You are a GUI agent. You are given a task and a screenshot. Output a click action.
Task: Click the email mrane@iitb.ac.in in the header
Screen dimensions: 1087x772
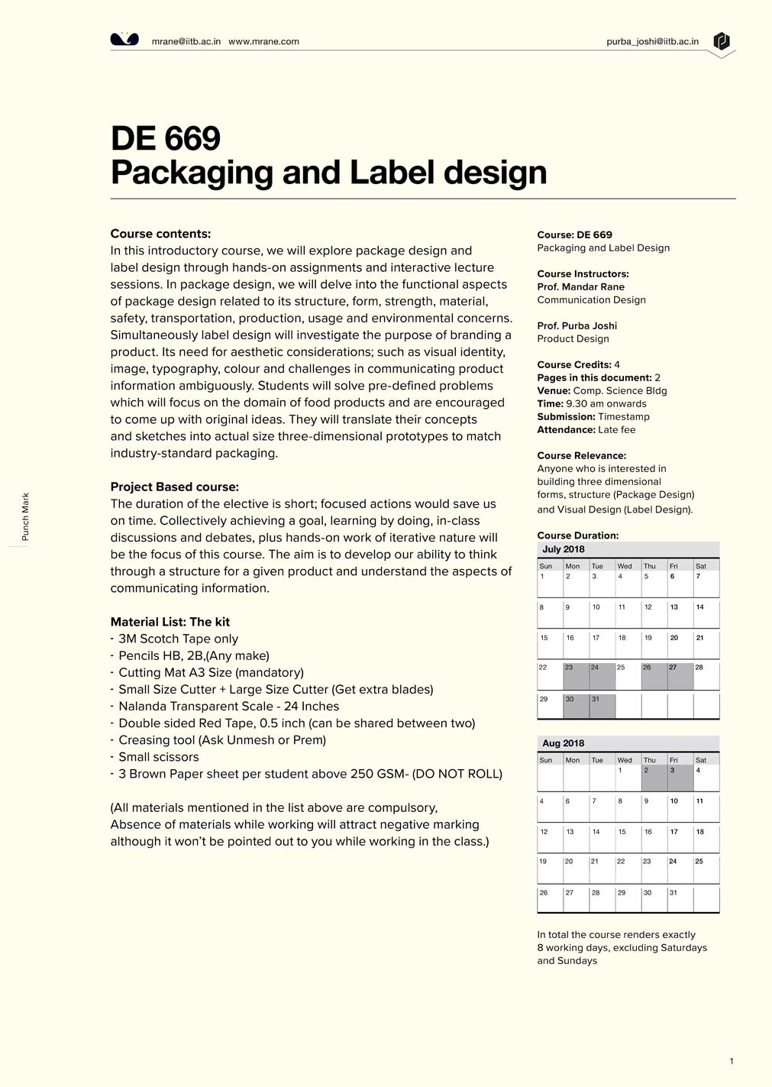click(186, 41)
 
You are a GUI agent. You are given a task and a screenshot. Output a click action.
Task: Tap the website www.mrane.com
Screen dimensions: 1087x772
click(263, 41)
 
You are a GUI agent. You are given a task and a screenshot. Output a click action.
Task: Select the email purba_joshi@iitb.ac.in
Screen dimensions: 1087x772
click(652, 41)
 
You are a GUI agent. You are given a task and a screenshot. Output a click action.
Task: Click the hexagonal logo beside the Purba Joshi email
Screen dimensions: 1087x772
click(722, 41)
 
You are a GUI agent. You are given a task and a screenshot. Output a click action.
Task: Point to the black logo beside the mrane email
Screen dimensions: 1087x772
click(124, 40)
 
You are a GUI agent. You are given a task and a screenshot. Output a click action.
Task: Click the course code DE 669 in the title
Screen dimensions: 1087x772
click(166, 138)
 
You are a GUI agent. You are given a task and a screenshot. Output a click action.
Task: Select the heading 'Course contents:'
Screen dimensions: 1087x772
click(160, 234)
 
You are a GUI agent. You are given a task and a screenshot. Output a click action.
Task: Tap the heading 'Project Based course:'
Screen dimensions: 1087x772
click(174, 487)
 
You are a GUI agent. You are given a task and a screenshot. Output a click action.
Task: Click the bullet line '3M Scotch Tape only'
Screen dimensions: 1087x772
click(178, 639)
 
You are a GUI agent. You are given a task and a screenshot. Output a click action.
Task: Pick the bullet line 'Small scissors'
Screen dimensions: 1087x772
click(158, 757)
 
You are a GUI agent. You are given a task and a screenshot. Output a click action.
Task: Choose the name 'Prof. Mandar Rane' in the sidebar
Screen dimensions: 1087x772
click(580, 287)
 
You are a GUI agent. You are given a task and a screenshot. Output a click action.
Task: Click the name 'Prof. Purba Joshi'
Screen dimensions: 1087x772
click(577, 326)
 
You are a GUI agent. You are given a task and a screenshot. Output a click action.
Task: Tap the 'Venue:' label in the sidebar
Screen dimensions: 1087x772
click(554, 391)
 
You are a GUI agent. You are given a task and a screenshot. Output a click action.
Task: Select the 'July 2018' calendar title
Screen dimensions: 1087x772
click(563, 549)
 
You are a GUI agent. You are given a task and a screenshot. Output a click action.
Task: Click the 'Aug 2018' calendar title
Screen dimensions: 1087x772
click(563, 743)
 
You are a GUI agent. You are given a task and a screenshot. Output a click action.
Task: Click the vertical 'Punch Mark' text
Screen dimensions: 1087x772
click(25, 517)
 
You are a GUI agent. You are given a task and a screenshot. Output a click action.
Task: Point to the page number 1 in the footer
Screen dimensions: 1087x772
click(732, 1061)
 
